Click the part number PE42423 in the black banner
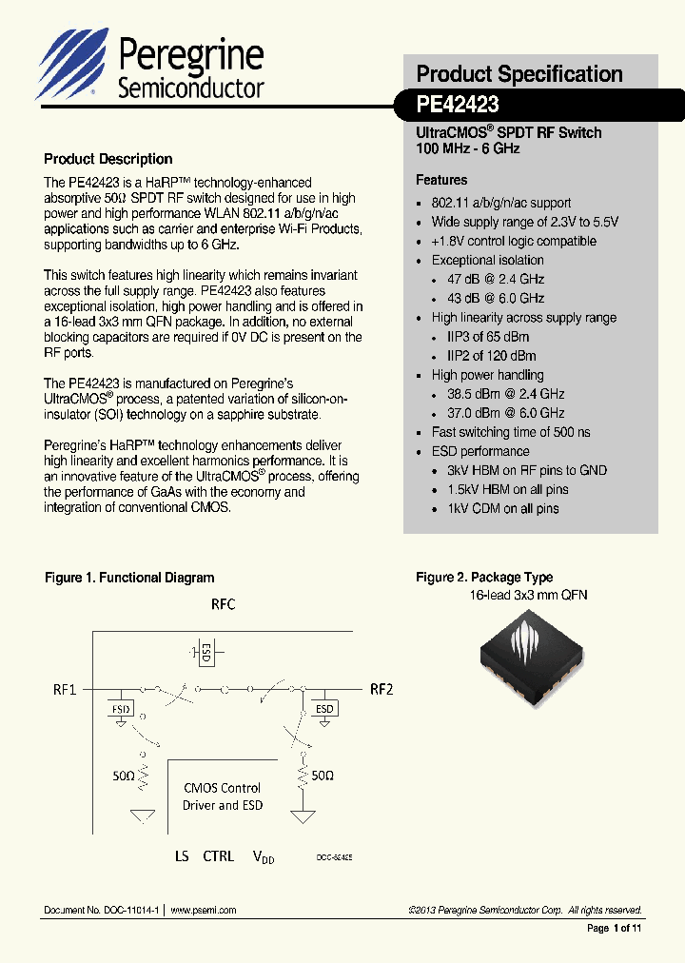coord(458,104)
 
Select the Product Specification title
coord(519,74)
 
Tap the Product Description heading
coord(108,159)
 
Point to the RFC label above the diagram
coord(223,604)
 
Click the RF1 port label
coord(65,690)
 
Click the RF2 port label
coord(382,690)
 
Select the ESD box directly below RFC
coord(205,653)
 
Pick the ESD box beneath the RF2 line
coord(325,709)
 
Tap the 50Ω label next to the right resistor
coord(323,776)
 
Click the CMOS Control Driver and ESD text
coord(223,796)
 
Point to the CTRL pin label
coord(218,856)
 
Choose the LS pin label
coord(182,856)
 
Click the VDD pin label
coord(263,857)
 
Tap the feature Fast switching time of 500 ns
coord(511,432)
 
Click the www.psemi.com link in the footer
coord(204,911)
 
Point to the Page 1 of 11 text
coord(615,928)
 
